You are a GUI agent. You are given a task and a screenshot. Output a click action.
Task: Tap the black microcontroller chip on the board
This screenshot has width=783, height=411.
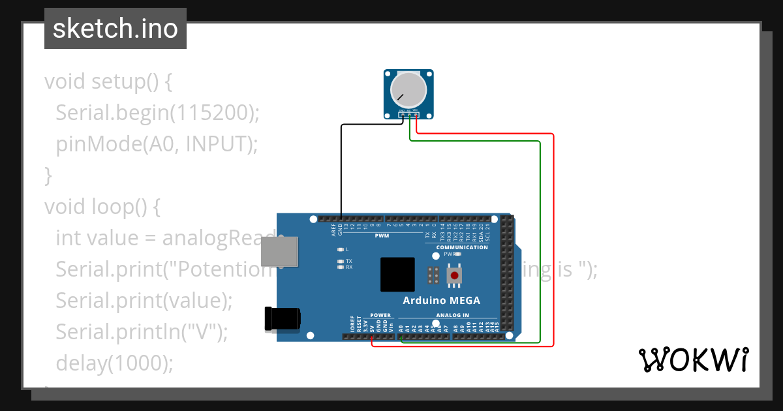pos(397,274)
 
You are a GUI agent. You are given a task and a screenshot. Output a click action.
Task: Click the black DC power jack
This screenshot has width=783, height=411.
pos(282,318)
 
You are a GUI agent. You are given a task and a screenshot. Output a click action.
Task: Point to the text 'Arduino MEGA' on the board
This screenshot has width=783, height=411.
pos(441,301)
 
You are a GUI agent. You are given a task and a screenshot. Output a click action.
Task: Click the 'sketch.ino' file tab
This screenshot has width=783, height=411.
pos(115,29)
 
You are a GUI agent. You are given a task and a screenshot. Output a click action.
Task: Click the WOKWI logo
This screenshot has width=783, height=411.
pos(693,359)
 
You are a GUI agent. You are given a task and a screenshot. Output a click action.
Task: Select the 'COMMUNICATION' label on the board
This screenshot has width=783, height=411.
pos(462,247)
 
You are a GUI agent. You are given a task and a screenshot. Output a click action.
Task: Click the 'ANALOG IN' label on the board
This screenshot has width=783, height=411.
pos(452,315)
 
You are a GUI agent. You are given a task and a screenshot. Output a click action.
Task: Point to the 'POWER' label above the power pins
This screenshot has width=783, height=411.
pos(380,315)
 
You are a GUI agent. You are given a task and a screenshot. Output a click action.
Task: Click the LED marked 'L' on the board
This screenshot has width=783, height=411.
pos(340,250)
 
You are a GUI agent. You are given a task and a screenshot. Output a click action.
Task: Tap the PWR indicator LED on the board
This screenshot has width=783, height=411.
pos(458,254)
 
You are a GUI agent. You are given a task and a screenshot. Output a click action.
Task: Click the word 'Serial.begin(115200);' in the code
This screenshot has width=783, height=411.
pos(157,113)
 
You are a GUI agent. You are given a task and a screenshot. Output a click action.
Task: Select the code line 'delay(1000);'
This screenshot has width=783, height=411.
pos(115,363)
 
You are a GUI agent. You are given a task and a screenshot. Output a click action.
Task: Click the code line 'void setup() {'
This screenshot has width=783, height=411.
pos(108,82)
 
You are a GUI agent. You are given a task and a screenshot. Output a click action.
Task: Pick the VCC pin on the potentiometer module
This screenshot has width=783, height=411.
pos(416,115)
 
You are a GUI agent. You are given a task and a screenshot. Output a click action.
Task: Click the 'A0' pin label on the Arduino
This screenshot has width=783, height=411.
pos(401,327)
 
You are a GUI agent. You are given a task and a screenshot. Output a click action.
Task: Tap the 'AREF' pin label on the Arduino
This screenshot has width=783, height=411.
pos(333,228)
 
